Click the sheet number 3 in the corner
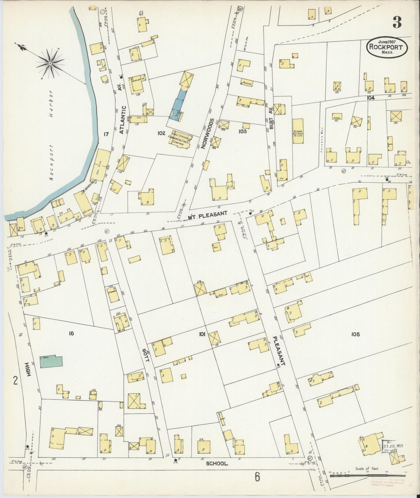click(x=398, y=22)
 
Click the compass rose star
click(x=50, y=63)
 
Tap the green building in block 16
click(x=51, y=361)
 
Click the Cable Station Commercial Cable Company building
click(x=181, y=139)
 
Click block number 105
click(x=355, y=334)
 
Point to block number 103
click(x=242, y=131)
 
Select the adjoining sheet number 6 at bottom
click(x=257, y=477)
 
